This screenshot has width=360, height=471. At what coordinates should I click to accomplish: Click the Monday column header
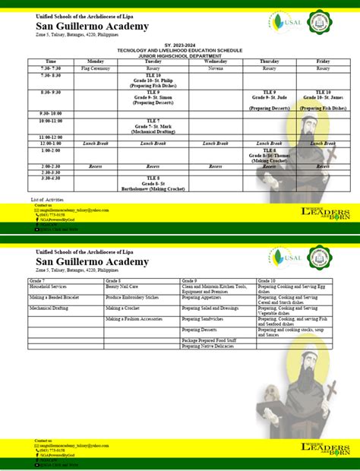[96, 62]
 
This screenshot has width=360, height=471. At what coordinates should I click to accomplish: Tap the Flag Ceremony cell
[96, 68]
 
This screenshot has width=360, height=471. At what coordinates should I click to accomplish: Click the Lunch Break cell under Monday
[96, 143]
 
